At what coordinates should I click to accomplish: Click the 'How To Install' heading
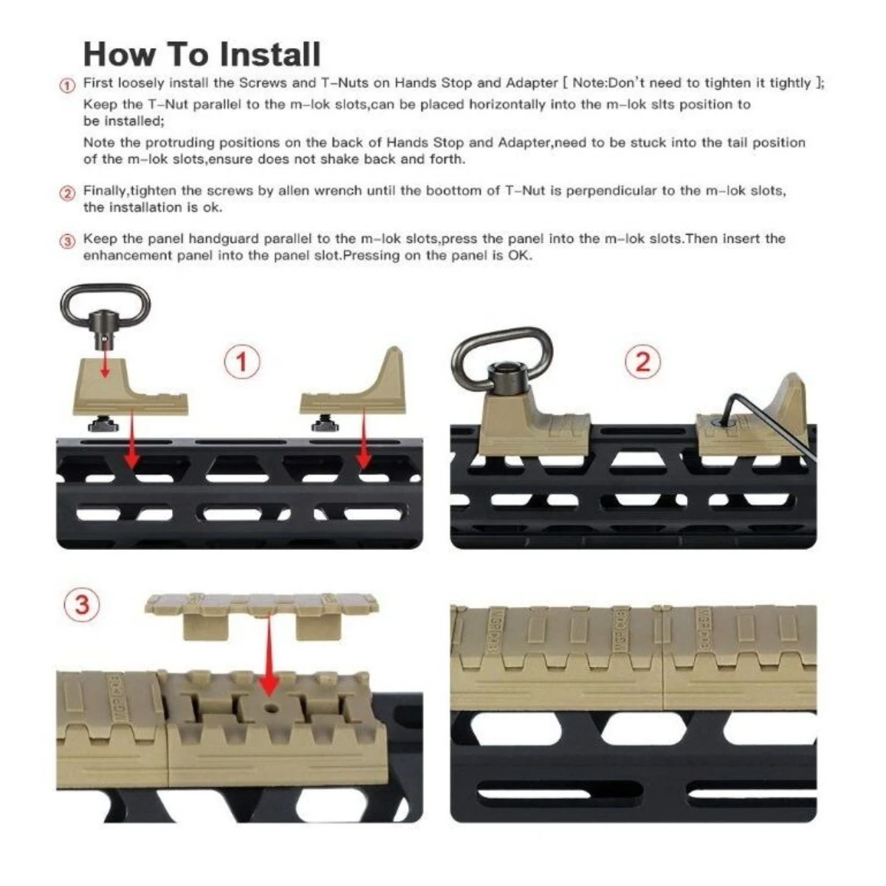click(x=202, y=54)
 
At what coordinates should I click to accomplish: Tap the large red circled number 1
click(x=242, y=362)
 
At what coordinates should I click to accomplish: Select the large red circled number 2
click(x=643, y=362)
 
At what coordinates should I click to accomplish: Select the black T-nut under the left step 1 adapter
click(x=103, y=423)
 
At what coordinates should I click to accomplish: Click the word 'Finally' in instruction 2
click(x=104, y=190)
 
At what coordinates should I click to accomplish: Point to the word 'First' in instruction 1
click(x=98, y=83)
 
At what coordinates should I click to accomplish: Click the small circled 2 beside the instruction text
click(x=68, y=193)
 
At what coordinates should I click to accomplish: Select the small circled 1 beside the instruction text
click(x=68, y=86)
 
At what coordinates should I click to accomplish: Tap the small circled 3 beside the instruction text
click(x=68, y=241)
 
